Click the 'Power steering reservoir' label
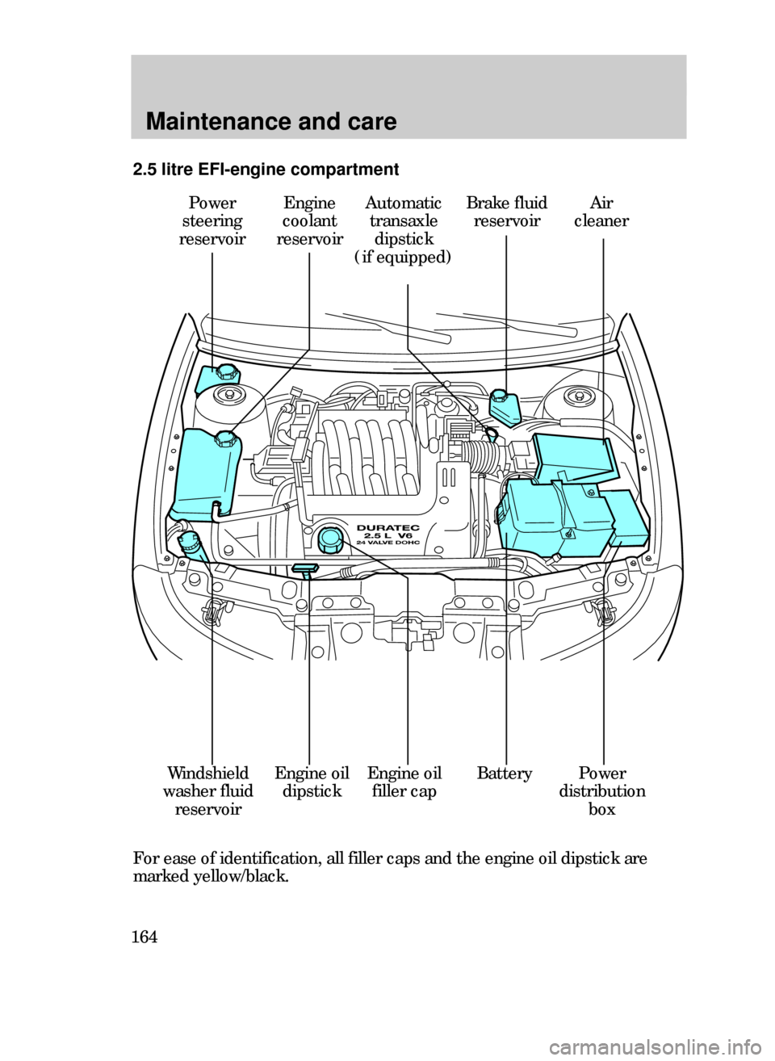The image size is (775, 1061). point(212,221)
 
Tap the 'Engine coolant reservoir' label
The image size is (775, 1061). point(309,221)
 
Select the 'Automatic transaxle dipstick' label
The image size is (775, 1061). point(403,231)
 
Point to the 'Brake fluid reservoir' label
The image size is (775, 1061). point(506,212)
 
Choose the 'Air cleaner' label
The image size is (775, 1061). point(601,212)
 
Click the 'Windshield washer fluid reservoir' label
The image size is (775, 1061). point(207,791)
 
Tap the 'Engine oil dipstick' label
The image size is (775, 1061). point(312,782)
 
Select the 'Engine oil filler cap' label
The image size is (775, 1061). point(404,782)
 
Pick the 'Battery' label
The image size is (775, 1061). point(504,774)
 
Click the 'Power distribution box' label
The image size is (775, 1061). point(601,791)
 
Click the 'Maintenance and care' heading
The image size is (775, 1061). point(271,122)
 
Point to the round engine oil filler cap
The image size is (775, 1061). point(329,539)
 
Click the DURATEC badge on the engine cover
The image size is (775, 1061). point(387,529)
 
